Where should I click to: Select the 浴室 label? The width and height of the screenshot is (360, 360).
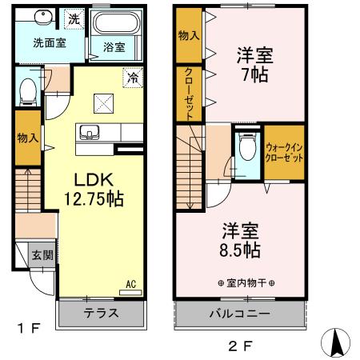click(x=114, y=47)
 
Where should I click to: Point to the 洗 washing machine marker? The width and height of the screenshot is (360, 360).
click(x=73, y=18)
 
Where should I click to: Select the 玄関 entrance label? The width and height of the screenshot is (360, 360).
click(x=42, y=256)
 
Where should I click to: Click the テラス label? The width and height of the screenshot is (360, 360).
click(x=102, y=313)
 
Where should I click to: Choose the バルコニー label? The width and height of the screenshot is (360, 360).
click(x=239, y=313)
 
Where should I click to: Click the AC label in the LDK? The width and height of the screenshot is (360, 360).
click(x=130, y=283)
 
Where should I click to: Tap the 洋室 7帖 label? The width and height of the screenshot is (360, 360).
click(x=254, y=66)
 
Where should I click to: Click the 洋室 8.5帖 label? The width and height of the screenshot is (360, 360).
click(x=240, y=239)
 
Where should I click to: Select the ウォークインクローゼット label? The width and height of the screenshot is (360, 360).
click(x=284, y=152)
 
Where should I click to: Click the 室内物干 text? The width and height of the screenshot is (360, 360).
click(x=246, y=284)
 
